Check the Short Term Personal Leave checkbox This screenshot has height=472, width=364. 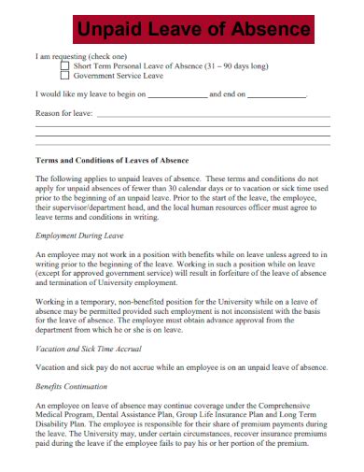[x=64, y=66]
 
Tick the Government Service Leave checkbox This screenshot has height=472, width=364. [x=64, y=77]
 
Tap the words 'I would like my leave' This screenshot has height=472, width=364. [x=76, y=95]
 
